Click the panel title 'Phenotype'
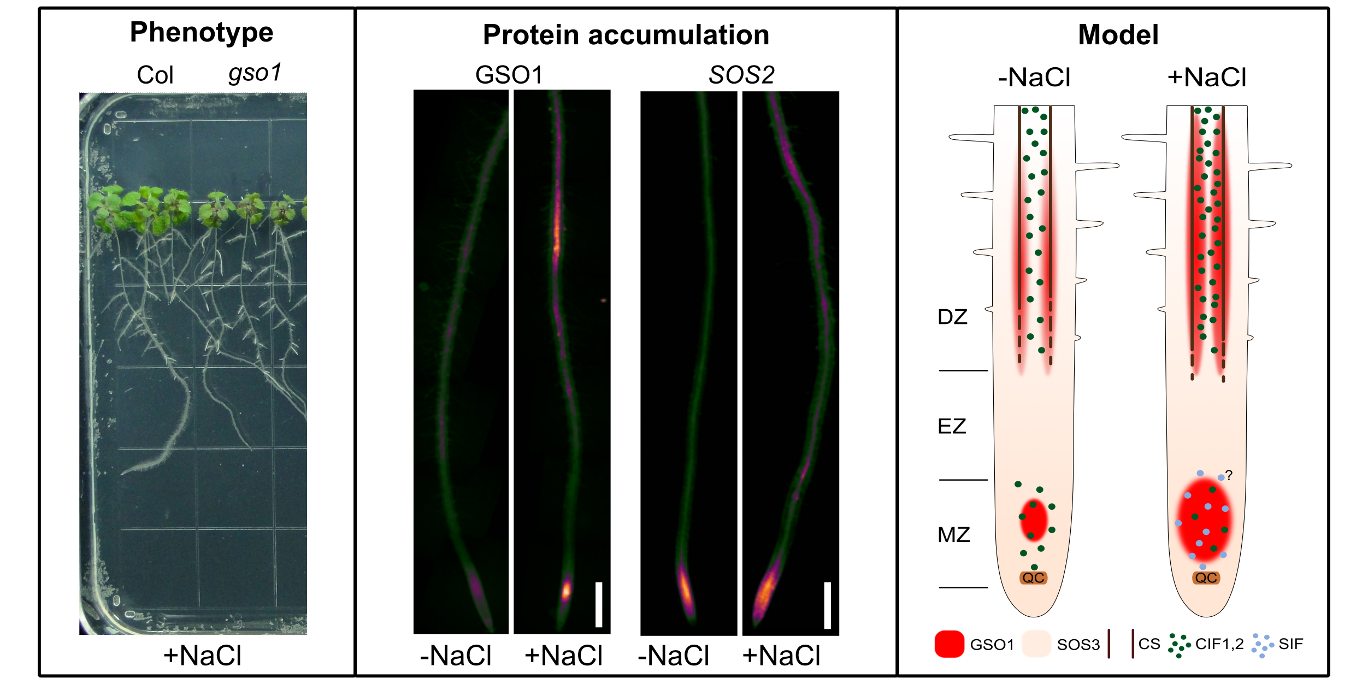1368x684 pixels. point(201,32)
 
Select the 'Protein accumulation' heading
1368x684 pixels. point(626,35)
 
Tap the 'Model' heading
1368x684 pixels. point(1118,35)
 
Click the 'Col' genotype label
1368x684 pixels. point(155,75)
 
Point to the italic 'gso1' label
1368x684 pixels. point(255,73)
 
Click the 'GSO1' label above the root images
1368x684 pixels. point(509,75)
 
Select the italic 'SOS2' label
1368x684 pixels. point(741,75)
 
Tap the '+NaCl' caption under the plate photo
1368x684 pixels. point(202,655)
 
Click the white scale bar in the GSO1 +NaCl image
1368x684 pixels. point(599,604)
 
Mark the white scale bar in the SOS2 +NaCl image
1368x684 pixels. point(827,605)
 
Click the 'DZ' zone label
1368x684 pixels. point(952,317)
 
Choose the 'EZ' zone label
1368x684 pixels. point(952,426)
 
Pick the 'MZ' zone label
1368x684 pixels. point(953,534)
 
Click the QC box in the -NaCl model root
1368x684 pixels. point(1033,578)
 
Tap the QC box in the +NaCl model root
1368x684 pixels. point(1206,578)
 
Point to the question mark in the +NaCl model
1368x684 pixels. point(1229,475)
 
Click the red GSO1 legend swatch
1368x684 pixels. point(949,644)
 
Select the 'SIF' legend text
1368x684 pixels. point(1290,644)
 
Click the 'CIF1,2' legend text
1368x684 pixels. point(1219,644)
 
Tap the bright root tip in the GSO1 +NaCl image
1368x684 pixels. point(566,590)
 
